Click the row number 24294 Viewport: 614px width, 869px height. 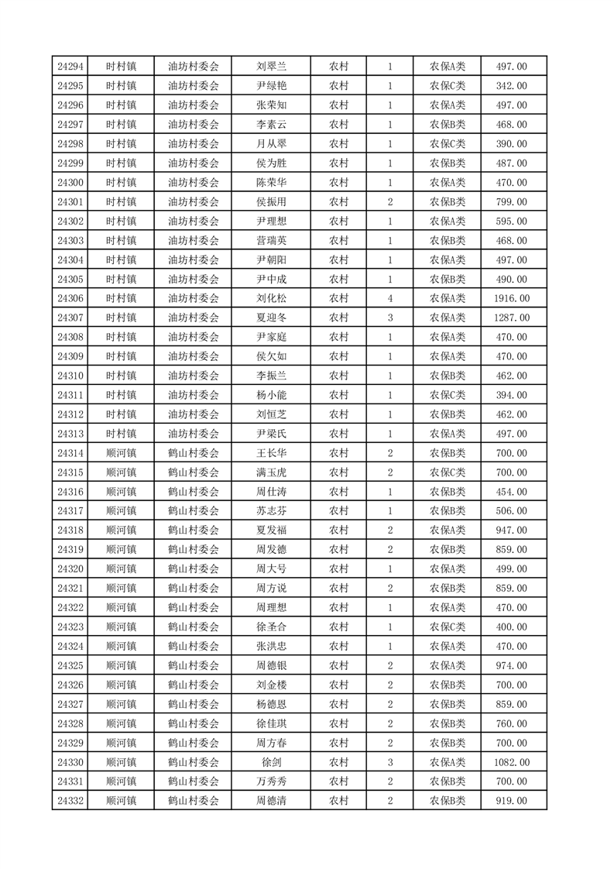70,67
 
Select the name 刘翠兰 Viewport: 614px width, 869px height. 271,67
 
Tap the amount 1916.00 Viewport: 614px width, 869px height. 511,298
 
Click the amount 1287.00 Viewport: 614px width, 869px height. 511,318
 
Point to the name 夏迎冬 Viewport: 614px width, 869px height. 271,318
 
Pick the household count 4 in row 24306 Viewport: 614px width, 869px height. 389,298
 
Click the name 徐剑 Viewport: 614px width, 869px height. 271,762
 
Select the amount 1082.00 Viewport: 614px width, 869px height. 511,762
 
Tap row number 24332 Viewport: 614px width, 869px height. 70,801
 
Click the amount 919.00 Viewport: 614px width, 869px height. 511,801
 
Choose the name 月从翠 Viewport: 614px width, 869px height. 271,144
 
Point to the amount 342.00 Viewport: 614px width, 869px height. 511,86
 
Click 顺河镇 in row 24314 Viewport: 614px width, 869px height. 121,453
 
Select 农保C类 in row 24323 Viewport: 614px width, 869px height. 448,627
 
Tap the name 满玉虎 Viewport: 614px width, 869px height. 271,472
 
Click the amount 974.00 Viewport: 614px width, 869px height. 511,665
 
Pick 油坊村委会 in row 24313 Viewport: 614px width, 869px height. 194,434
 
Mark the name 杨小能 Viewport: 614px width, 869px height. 271,395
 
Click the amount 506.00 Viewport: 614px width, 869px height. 511,511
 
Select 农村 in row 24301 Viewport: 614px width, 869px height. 338,202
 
